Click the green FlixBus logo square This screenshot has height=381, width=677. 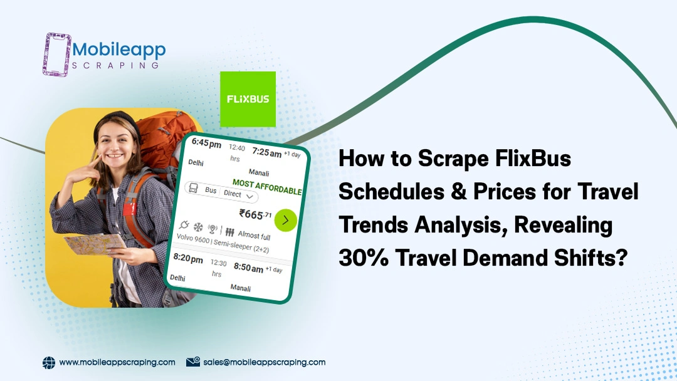click(x=248, y=99)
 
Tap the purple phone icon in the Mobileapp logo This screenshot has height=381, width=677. click(x=56, y=55)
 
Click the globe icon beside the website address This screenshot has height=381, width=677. click(x=49, y=363)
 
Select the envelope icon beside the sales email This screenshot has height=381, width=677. click(x=193, y=362)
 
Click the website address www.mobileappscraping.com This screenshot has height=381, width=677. click(x=117, y=362)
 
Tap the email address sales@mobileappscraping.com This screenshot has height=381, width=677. click(x=265, y=362)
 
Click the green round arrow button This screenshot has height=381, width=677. click(x=285, y=221)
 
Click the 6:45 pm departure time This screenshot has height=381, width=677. click(x=206, y=143)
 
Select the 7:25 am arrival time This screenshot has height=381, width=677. click(x=267, y=152)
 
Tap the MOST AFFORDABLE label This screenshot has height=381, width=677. click(x=267, y=187)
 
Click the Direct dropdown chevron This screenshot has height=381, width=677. click(x=249, y=196)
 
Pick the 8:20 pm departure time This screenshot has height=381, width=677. click(x=188, y=258)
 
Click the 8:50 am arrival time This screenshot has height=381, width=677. click(x=248, y=267)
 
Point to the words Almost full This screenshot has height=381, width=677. click(x=254, y=235)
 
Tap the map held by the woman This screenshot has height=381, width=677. click(x=95, y=244)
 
